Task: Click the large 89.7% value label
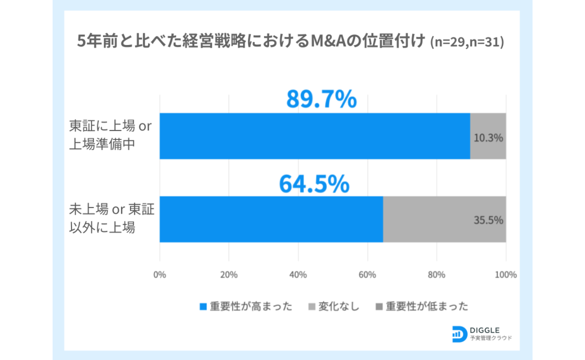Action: point(321,99)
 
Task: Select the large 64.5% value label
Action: point(314,183)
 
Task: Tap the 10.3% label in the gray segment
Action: point(488,138)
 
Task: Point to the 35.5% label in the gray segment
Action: point(488,220)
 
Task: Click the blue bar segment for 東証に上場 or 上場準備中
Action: point(315,136)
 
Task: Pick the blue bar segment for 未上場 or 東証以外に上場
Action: point(271,219)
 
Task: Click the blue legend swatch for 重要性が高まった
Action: point(203,307)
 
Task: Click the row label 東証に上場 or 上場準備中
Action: point(110,135)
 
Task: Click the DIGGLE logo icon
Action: point(459,333)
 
